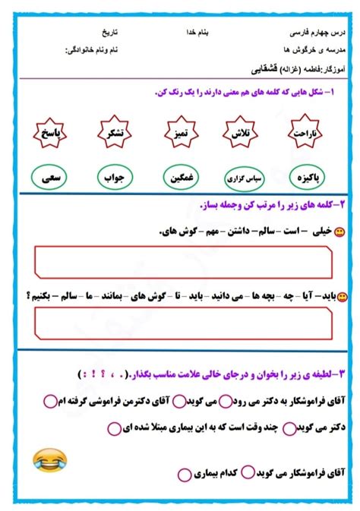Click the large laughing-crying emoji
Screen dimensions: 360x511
coord(50,460)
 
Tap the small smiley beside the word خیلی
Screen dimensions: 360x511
coord(339,233)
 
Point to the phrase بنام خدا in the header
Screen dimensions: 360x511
coord(199,34)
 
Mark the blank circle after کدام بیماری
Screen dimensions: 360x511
coord(185,475)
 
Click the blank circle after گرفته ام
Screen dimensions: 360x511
coord(49,400)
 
